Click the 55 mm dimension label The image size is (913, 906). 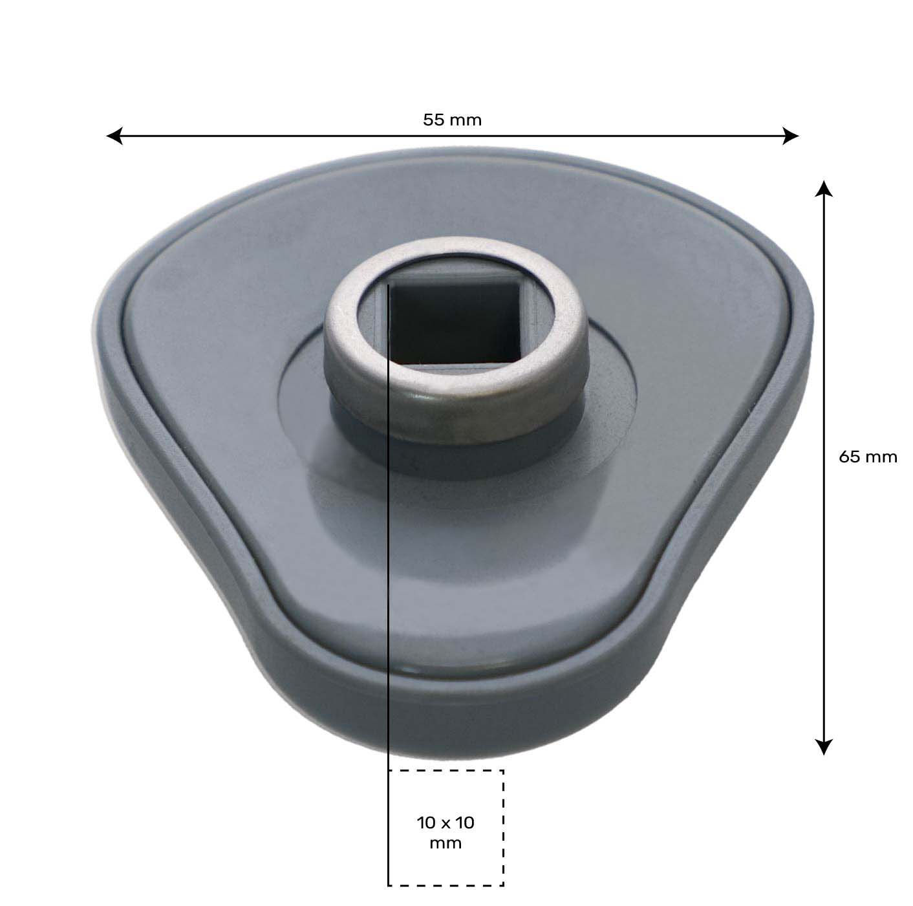coord(452,120)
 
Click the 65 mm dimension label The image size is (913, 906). coord(868,457)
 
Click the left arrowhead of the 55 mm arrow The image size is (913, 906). coord(114,136)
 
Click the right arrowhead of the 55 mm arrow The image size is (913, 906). coord(791,136)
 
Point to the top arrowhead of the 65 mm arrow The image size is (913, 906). coord(822,189)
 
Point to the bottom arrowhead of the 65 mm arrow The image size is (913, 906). coord(822,747)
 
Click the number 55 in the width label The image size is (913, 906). coord(433,120)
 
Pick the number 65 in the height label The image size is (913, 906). coord(849,457)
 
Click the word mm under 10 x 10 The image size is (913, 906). coord(446,843)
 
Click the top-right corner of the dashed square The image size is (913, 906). coord(503,771)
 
